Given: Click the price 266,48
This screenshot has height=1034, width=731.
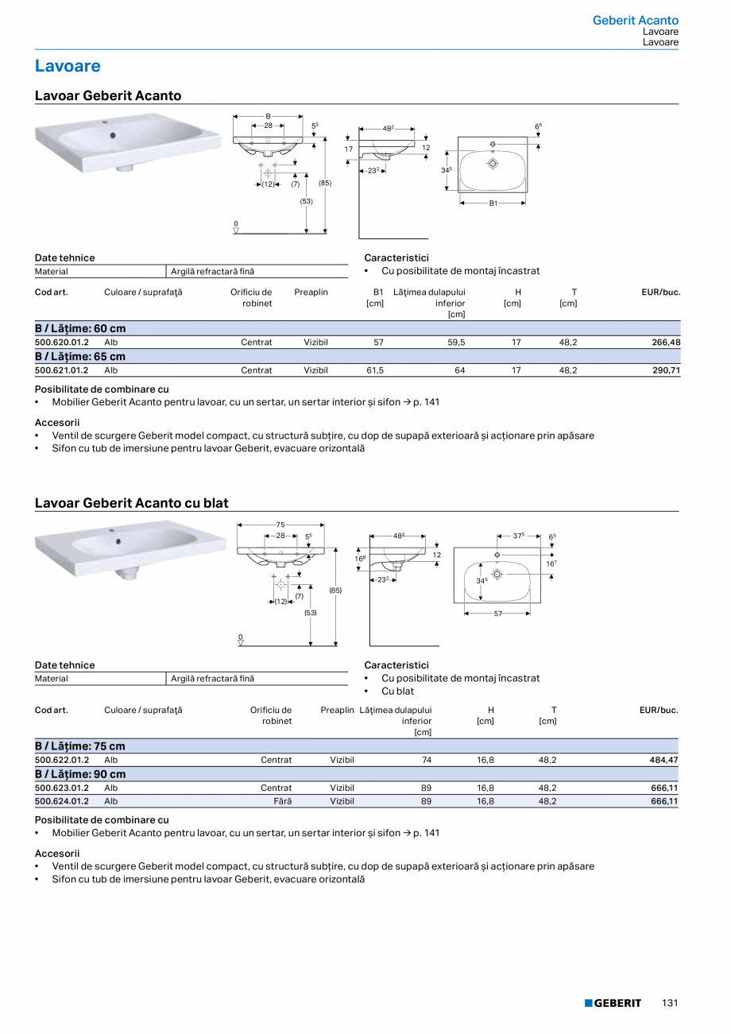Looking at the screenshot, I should click(664, 343).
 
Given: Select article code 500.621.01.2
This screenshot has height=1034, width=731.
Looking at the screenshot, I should click(62, 370).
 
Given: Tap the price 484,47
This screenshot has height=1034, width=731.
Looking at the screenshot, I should click(663, 760).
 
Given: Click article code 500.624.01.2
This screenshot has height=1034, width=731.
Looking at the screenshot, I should click(62, 801).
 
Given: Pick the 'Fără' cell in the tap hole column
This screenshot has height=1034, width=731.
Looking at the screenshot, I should click(283, 801).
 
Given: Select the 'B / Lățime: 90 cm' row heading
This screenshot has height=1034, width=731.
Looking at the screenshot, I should click(80, 774).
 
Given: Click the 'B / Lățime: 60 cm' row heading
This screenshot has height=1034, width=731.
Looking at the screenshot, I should click(80, 328).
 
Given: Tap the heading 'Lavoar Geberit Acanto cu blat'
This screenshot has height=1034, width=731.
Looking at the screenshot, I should click(131, 503).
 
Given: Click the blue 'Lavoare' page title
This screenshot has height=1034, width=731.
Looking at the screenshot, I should click(68, 66).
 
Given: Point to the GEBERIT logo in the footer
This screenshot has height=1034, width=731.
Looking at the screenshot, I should click(613, 1003).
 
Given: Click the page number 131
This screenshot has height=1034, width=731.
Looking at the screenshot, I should click(670, 1003).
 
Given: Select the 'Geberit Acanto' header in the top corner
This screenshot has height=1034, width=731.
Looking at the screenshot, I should click(636, 21).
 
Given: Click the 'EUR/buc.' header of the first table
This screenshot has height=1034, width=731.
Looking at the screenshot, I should click(661, 292).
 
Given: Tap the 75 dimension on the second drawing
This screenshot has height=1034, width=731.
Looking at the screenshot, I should click(280, 525).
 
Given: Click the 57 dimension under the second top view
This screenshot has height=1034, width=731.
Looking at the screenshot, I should click(497, 614).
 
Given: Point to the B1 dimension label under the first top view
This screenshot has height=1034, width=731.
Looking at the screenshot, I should click(493, 203).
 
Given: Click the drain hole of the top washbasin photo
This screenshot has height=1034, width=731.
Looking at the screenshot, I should click(113, 135).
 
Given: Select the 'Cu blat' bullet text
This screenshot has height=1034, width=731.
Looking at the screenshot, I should click(397, 691).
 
